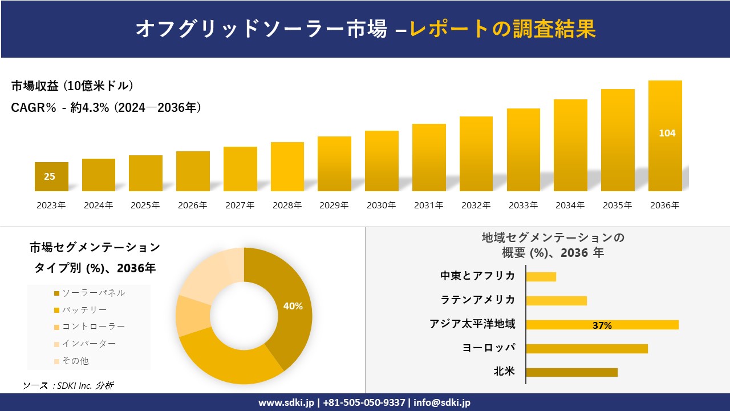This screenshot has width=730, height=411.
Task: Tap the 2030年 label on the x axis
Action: [381, 205]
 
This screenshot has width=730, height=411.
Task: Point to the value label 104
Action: [667, 133]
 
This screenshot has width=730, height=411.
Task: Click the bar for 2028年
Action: [287, 167]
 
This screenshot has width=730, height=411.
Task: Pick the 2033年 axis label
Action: [522, 205]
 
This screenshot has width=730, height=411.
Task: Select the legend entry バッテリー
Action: [84, 310]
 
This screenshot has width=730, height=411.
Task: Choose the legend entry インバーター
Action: [88, 344]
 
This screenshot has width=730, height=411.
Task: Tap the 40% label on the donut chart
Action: [293, 306]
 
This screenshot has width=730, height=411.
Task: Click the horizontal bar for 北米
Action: [571, 372]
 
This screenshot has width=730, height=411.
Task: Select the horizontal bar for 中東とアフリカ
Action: [541, 276]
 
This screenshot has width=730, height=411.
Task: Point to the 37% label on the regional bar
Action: [602, 325]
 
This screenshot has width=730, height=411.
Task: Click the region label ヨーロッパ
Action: [489, 348]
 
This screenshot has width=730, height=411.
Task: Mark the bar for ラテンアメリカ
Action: [556, 300]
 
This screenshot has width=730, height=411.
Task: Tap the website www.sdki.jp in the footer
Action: [286, 402]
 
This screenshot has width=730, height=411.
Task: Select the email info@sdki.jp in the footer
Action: [443, 402]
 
